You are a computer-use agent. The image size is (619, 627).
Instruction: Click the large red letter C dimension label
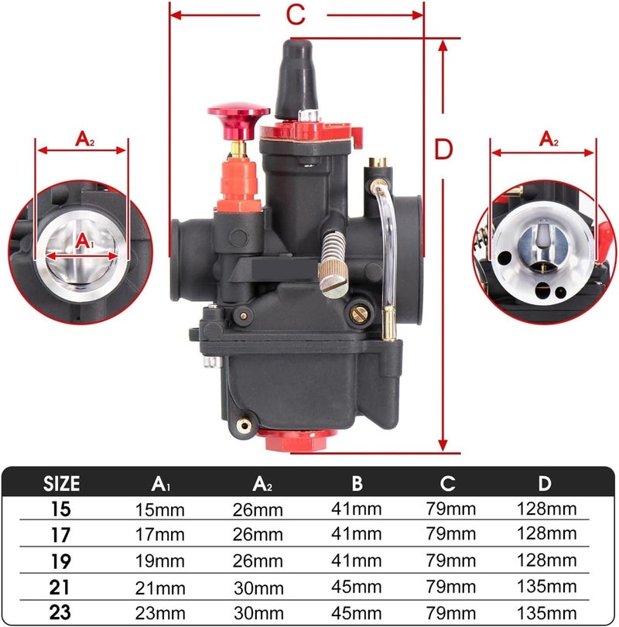296,15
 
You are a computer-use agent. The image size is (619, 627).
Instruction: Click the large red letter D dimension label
443,149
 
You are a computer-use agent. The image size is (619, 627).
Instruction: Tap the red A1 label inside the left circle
84,241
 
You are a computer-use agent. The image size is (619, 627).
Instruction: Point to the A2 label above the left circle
84,139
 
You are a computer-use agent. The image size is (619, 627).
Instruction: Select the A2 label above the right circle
549,139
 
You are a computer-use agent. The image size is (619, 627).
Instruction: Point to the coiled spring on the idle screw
333,248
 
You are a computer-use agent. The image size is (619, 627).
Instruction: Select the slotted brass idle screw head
334,286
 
